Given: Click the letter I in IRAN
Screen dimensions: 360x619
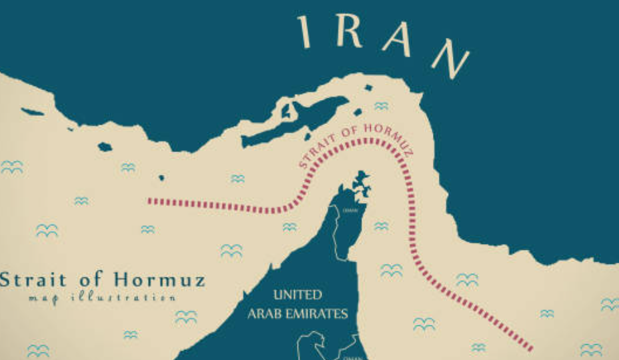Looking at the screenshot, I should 305,32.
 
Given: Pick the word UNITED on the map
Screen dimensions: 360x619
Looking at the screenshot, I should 297,295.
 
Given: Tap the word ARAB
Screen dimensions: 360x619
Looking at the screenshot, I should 263,313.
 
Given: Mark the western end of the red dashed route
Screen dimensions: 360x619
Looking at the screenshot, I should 149,200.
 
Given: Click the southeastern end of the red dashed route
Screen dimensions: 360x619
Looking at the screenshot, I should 531,348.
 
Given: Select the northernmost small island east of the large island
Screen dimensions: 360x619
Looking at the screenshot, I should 368,87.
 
